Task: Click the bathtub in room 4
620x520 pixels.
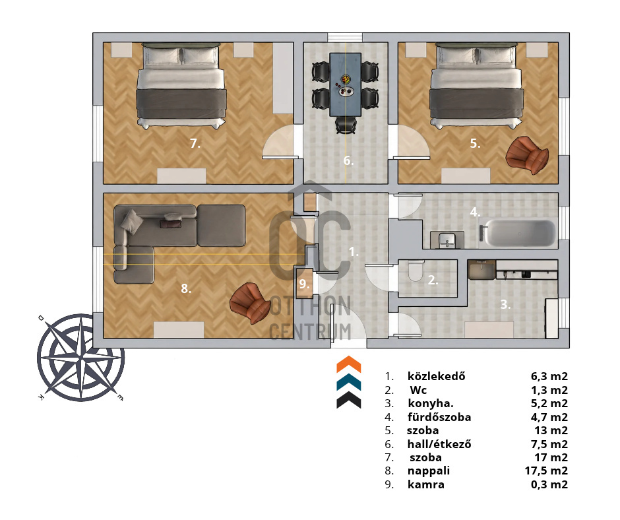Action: click(520, 233)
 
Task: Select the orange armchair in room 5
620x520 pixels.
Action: click(527, 154)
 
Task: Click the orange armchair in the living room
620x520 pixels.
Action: click(251, 302)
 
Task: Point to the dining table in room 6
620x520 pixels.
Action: click(345, 84)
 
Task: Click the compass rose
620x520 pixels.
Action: click(81, 358)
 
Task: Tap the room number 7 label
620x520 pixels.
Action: click(195, 143)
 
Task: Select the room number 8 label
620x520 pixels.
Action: click(186, 288)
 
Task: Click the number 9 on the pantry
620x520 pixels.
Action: click(303, 284)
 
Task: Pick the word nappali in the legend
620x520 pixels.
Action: click(428, 471)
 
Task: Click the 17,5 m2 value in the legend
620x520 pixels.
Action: click(546, 471)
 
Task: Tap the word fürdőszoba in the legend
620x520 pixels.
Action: click(439, 417)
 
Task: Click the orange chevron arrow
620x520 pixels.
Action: click(349, 364)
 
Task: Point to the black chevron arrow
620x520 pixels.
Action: click(349, 400)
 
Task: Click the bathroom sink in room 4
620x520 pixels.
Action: click(447, 240)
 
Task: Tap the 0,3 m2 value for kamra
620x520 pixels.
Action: click(549, 484)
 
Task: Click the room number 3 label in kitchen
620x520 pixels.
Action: click(505, 304)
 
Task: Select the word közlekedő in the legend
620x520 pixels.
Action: click(436, 376)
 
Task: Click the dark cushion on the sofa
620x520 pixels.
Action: click(171, 224)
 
